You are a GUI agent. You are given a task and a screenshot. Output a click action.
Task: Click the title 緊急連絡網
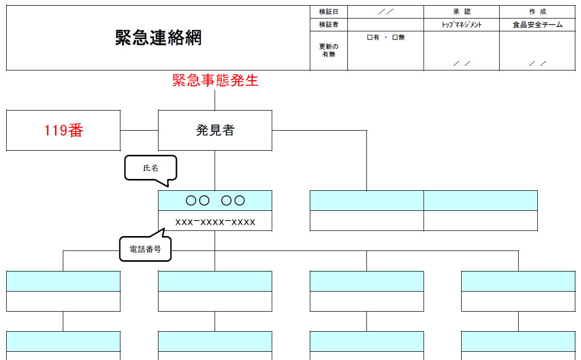[158, 38]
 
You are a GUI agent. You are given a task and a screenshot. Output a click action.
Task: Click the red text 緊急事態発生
[215, 80]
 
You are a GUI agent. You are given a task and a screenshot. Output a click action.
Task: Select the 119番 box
[63, 130]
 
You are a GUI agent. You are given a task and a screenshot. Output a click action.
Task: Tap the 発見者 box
[215, 130]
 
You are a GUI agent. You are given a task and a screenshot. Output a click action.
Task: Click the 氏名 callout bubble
[150, 168]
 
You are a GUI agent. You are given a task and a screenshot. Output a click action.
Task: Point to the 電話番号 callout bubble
[145, 249]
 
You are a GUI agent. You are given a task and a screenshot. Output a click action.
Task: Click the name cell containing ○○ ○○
[215, 201]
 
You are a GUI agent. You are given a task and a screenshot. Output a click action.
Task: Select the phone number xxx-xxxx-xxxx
[215, 222]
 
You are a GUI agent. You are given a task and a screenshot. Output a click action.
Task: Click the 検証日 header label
[329, 12]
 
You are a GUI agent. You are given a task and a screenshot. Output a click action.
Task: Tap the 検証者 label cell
[329, 25]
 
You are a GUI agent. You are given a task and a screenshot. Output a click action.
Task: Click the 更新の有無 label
[329, 50]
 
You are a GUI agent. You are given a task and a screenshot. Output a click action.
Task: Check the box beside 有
[369, 38]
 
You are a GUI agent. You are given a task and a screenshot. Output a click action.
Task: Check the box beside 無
[395, 38]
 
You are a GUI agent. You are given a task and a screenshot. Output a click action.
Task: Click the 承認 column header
[462, 12]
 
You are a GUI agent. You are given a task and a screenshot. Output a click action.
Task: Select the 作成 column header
[538, 12]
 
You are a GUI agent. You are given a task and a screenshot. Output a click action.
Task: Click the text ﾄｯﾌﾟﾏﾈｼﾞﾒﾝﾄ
[462, 25]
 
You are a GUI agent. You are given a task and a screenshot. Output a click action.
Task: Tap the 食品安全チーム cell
[538, 25]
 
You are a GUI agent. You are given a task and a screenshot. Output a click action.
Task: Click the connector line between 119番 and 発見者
[139, 130]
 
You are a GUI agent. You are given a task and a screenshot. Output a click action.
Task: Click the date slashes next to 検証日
[385, 12]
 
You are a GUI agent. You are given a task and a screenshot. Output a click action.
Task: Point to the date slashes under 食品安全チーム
[538, 63]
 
